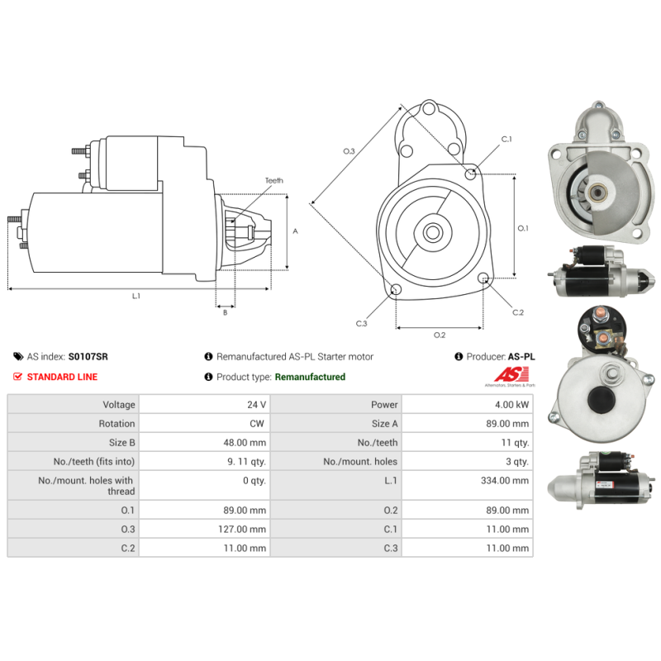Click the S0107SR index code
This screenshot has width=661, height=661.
[x=88, y=357]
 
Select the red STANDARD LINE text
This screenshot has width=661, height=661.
[x=62, y=377]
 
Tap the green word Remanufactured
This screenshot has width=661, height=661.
[x=310, y=377]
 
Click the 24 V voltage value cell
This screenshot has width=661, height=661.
[x=256, y=405]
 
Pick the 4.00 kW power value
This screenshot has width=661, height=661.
[x=511, y=405]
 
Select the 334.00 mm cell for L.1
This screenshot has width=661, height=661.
[x=505, y=481]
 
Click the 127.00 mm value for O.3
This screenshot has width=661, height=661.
[x=242, y=529]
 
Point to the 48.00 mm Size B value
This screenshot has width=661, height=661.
[x=245, y=443]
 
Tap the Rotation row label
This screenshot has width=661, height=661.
[x=117, y=424]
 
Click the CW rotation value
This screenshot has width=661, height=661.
[x=257, y=424]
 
